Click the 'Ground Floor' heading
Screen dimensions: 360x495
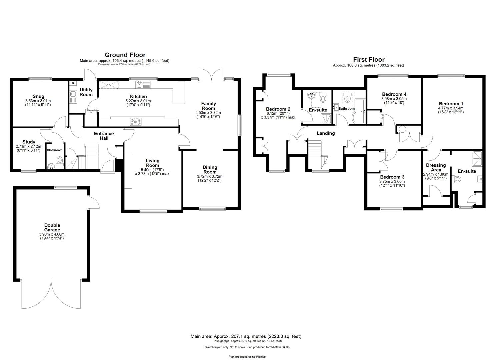125,55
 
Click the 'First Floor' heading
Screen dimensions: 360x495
369,60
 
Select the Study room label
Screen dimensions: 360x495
29,142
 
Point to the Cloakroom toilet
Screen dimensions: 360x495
60,160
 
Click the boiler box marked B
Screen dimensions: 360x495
73,83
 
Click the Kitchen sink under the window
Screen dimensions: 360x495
142,85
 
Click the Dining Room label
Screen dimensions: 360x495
210,170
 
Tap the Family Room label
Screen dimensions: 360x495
208,106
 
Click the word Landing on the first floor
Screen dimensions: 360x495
326,133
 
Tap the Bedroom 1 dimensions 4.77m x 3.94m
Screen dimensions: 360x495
451,108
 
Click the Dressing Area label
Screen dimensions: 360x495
436,167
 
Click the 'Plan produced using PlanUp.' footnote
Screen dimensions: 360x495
247,357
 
